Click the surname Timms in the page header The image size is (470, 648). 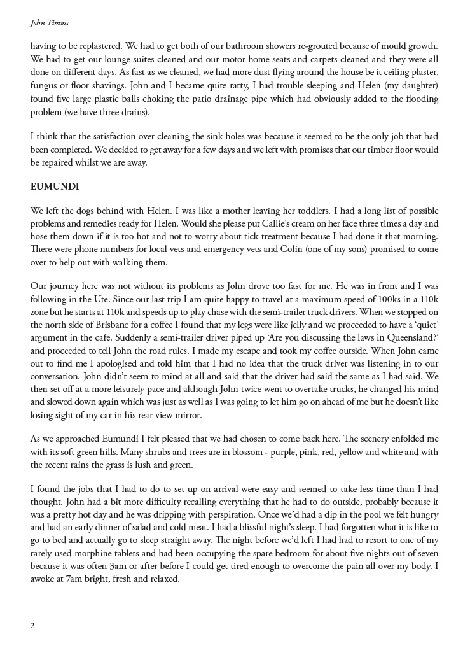pos(58,23)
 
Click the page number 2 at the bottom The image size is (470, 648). pos(32,625)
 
